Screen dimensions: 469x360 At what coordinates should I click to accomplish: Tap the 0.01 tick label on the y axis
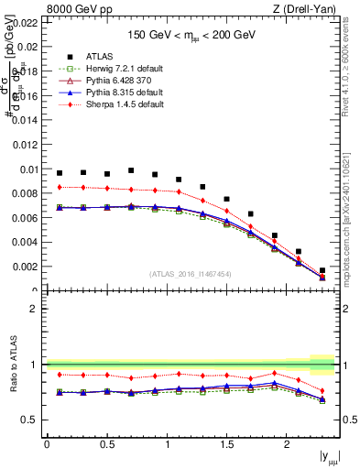(29, 169)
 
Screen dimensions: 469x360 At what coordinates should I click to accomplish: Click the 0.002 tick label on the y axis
(27, 267)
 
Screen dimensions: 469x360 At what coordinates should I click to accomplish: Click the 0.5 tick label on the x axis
(106, 443)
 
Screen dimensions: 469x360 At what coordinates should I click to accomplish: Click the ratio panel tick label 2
(34, 309)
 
